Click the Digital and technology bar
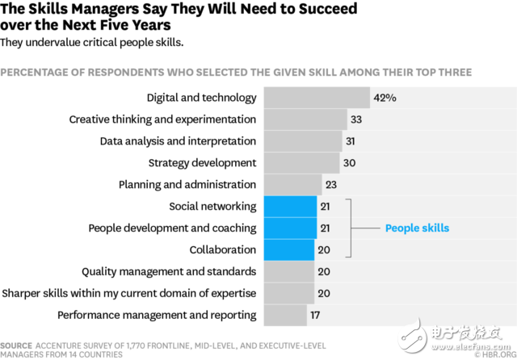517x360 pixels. coord(317,98)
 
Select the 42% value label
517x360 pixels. coord(385,98)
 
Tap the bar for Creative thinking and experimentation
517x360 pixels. coord(305,119)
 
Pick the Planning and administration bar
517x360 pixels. coord(292,185)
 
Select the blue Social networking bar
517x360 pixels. coord(289,207)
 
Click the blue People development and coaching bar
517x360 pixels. coord(289,228)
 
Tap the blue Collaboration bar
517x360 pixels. coord(288,250)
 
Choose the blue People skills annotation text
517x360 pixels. coord(417,228)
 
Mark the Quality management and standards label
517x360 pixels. coord(169,271)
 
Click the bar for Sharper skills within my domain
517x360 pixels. coord(288,293)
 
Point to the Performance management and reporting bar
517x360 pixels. coord(283,315)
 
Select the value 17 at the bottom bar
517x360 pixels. coord(314,315)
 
